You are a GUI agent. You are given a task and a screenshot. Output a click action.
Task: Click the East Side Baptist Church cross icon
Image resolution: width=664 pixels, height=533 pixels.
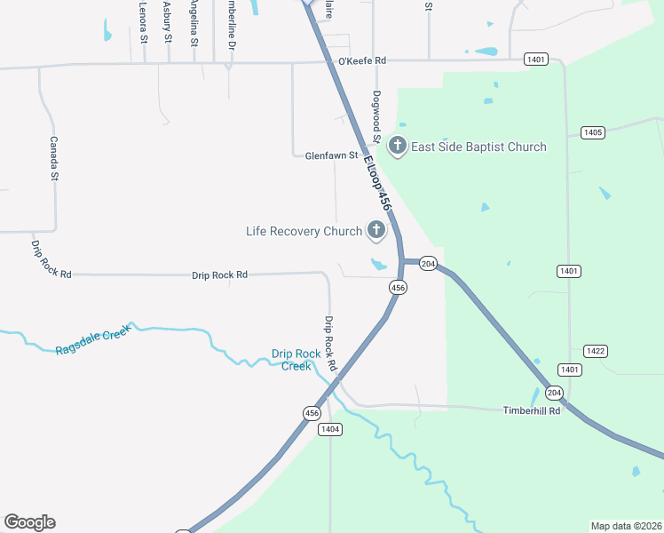(397, 147)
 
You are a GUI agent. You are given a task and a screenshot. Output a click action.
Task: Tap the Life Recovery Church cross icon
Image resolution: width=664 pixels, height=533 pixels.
(375, 231)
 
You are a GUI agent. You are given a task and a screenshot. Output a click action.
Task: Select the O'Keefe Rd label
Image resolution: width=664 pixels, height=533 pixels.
(363, 61)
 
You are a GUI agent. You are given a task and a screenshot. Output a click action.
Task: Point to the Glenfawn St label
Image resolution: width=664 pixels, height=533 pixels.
(331, 155)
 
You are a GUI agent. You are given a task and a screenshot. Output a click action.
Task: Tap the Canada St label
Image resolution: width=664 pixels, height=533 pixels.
(53, 158)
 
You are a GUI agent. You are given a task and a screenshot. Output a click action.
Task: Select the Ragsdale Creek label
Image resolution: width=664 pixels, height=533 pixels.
(92, 339)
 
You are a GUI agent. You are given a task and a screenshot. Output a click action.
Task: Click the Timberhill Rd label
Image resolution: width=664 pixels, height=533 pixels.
(532, 410)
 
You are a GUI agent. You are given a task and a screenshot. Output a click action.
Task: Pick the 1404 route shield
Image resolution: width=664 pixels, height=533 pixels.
(329, 429)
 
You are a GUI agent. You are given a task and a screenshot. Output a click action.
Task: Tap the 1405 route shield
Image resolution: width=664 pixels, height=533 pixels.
(593, 132)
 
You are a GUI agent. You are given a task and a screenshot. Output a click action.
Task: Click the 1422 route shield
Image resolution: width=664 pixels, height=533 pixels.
(595, 351)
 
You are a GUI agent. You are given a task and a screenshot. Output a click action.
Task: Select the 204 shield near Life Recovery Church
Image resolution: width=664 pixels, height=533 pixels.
(428, 264)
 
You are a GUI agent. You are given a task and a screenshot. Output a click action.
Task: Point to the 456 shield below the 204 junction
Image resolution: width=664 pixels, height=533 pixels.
(398, 287)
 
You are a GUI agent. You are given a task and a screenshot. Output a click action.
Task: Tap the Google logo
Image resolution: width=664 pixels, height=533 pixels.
(29, 522)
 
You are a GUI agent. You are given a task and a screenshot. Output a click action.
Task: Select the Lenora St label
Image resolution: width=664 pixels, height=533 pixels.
(143, 22)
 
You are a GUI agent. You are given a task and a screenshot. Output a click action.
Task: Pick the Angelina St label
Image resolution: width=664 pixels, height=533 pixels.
(193, 22)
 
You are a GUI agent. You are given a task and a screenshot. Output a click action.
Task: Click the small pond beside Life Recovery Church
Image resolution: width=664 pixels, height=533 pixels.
(379, 264)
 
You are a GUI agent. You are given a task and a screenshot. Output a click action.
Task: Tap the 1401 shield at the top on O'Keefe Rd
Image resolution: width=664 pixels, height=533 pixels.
(535, 60)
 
